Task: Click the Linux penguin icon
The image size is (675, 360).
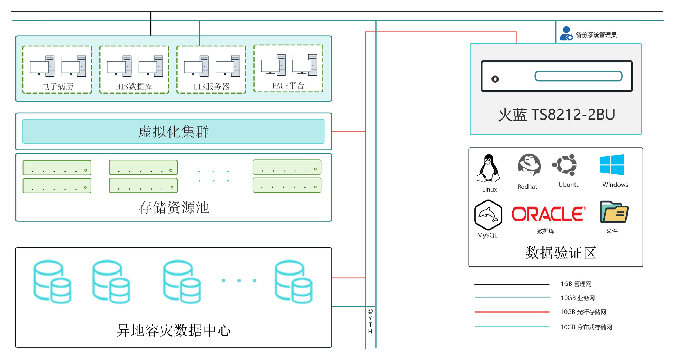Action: coord(488,168)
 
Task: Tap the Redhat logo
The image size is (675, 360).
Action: coord(529,165)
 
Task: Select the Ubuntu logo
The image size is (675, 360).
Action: coord(565,165)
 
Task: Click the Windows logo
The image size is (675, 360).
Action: coord(612,165)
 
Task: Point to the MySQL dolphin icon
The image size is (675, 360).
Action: coord(488,215)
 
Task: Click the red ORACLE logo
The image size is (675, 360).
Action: coord(548,214)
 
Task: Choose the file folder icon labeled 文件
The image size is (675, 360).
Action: coord(614,212)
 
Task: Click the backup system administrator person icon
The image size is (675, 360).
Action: coord(566,33)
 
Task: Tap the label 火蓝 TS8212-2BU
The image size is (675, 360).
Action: coord(557,115)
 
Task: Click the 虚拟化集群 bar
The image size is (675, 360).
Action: coord(174,131)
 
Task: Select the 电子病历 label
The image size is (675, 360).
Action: coord(57,86)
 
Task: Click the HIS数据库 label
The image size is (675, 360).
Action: coord(134,86)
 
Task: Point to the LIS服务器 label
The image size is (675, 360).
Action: coord(211,86)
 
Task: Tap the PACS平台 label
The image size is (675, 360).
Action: coord(288,85)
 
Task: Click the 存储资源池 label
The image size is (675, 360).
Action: coord(174,207)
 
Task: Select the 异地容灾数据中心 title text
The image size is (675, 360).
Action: coord(174,330)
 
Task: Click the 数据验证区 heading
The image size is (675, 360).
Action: coord(561,253)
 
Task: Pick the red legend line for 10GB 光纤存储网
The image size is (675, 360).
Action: coord(512,312)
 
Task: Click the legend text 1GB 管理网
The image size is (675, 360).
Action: coord(576,284)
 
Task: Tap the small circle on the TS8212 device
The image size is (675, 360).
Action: coord(495,79)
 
